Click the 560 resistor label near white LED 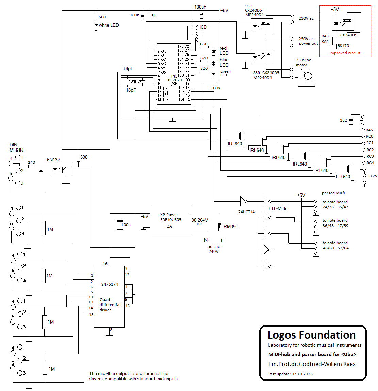102,17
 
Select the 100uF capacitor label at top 200,7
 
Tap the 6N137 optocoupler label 53,160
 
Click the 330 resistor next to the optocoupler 78,157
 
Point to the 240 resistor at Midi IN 32,167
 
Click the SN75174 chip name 110,284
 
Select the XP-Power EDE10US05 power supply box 170,220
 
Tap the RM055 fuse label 230,227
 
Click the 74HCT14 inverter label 246,212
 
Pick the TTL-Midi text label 277,208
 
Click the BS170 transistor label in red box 343,46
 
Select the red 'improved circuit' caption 345,53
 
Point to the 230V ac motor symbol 308,76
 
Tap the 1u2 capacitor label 343,120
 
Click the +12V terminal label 373,176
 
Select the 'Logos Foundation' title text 311,335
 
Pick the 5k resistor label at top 153,16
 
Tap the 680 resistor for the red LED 204,48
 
